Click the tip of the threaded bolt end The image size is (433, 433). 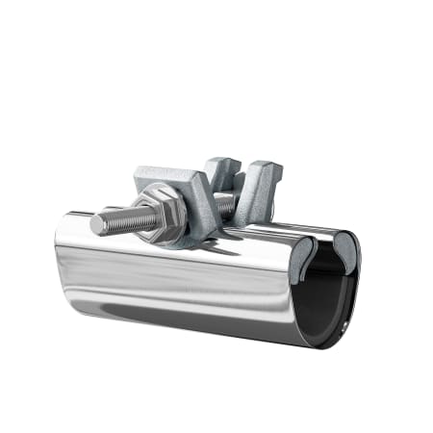(x=97, y=224)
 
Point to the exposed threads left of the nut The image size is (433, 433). (x=123, y=220)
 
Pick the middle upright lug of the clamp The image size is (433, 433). (x=223, y=174)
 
